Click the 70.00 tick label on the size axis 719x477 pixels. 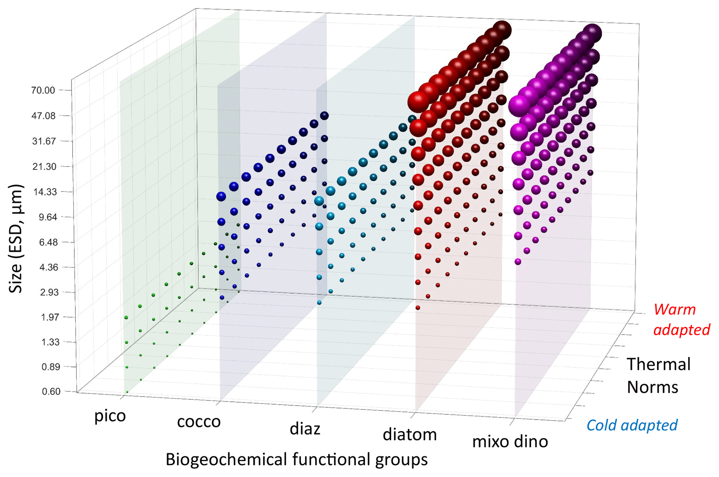point(43,90)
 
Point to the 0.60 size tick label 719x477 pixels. point(51,392)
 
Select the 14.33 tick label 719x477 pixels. point(45,192)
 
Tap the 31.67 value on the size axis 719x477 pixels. point(44,141)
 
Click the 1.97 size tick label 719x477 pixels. point(50,317)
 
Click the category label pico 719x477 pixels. point(110,416)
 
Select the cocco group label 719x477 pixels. point(199,422)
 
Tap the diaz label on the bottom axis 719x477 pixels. point(305,429)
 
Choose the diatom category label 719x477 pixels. point(410,435)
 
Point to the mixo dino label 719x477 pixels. point(510,442)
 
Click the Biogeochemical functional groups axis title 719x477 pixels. point(296,459)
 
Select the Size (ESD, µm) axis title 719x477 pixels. point(16,239)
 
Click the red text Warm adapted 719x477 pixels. point(681,320)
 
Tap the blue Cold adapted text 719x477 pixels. point(632,425)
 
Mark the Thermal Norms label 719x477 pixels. point(658,375)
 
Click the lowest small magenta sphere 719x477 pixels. point(518,261)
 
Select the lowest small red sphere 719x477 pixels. point(418,308)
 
